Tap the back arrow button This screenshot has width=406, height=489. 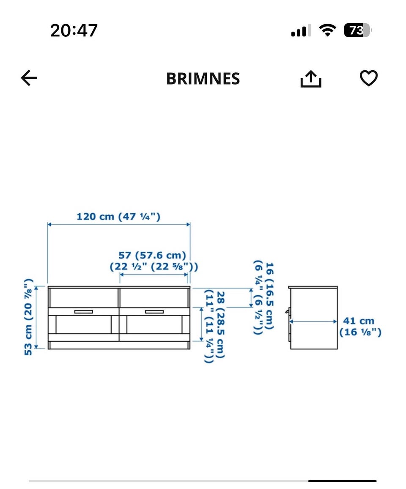coord(29,78)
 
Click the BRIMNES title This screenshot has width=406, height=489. coord(203,78)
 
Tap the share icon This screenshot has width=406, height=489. coord(311,79)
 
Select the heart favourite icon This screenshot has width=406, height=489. coord(369,78)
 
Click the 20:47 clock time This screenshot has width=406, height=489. coord(74,30)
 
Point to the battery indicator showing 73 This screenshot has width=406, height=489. coord(358,30)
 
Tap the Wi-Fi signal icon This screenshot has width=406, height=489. coord(327,30)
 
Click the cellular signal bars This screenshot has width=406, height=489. coord(301,30)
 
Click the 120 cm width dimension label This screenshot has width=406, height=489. coord(118,217)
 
